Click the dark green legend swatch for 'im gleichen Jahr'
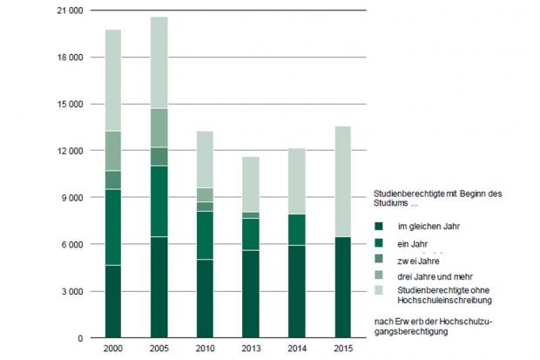[379, 228]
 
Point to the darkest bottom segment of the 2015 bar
[342, 287]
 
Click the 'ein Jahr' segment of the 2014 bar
[297, 229]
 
